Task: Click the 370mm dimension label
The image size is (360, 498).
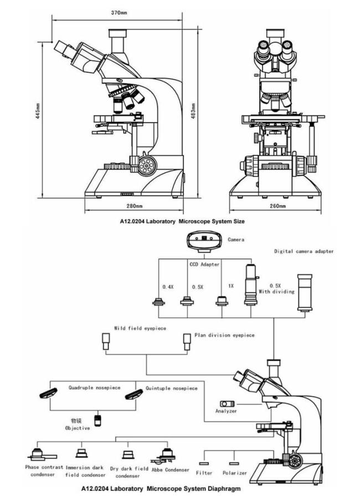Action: tap(118, 12)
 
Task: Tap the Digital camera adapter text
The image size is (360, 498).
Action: tap(304, 251)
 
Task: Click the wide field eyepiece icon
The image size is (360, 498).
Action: tap(106, 341)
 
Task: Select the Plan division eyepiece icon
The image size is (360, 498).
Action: tap(187, 341)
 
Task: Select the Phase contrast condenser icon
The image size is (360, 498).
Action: tap(40, 455)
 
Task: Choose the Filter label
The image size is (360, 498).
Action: tap(204, 473)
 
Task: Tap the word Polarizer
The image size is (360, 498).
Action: tap(234, 473)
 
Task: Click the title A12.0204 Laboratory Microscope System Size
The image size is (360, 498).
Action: tap(182, 221)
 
